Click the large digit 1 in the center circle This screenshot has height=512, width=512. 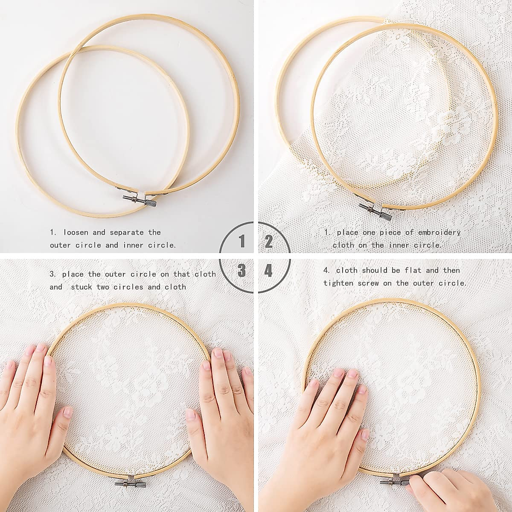(x=242, y=242)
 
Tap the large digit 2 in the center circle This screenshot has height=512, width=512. (x=269, y=242)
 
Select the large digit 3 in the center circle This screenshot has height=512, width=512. (x=242, y=271)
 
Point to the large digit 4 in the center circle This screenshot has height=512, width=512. (x=269, y=271)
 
